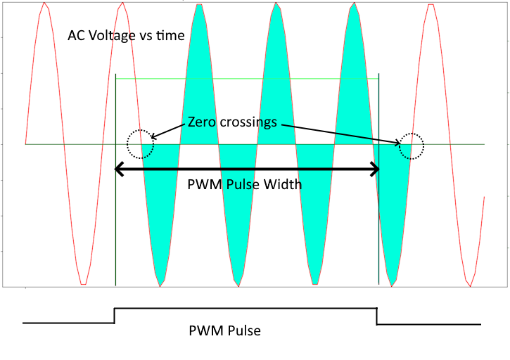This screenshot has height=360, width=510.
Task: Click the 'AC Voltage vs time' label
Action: (126, 35)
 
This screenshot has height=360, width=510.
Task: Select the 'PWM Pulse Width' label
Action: (245, 185)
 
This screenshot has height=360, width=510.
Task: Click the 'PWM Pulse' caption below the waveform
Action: (225, 330)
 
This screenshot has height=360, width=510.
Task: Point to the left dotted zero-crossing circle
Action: (139, 144)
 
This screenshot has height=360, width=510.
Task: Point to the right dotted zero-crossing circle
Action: (410, 147)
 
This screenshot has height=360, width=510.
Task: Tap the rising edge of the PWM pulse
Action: (115, 315)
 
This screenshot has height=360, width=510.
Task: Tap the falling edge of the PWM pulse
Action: (377, 316)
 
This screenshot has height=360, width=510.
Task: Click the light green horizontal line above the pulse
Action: (246, 79)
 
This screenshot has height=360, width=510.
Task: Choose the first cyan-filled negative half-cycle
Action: (161, 211)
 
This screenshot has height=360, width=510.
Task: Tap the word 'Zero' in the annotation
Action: (203, 121)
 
